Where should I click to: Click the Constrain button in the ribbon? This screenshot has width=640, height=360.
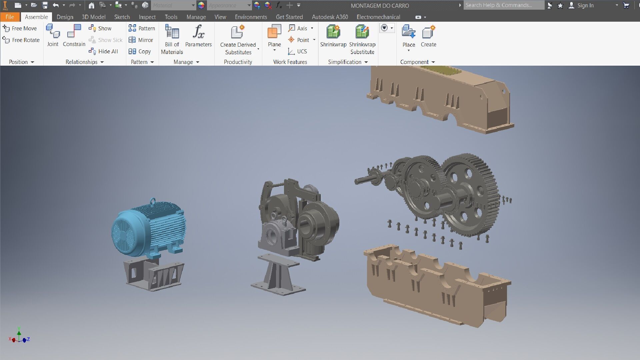pos(74,35)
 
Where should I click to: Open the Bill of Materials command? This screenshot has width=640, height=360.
pos(172,39)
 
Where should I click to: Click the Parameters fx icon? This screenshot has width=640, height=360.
pos(198,32)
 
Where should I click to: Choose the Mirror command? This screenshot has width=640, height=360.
pos(141,40)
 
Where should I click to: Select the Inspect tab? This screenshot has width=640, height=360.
pos(147,17)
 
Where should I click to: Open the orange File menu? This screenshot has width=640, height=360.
pos(10,17)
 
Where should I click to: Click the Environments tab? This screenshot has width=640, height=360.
pos(251,17)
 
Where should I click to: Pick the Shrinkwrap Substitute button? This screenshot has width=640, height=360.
pos(362,39)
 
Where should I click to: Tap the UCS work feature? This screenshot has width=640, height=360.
pos(298,51)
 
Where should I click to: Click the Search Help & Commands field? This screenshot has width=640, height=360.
pos(503,5)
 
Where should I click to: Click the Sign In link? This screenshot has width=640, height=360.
pos(585,5)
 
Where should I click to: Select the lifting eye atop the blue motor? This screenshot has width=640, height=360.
pos(152,201)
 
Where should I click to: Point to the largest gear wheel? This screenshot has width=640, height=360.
pos(470,193)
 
